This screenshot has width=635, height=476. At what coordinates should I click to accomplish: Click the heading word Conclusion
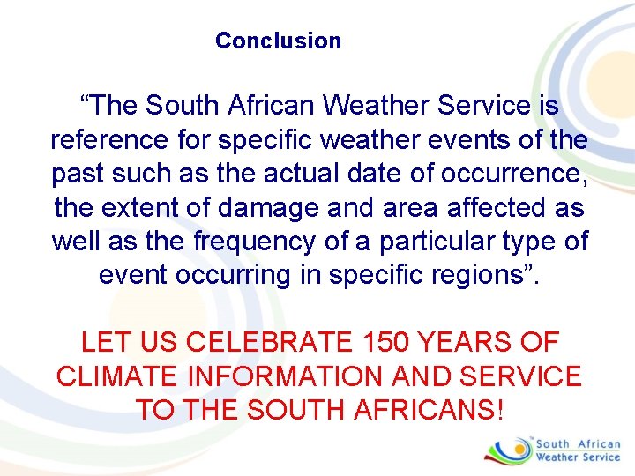[x=278, y=41]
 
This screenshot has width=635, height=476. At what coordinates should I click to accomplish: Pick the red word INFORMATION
[x=286, y=376]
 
